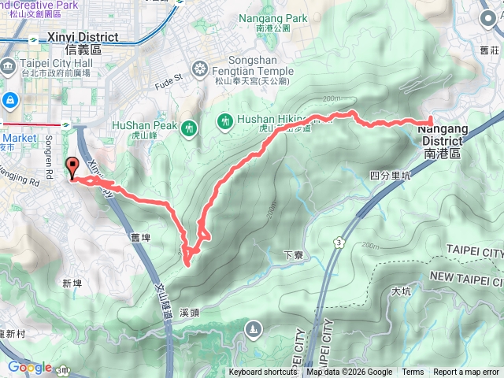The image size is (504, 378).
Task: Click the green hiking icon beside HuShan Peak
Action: coord(188,128)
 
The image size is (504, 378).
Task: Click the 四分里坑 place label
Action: coord(391,176)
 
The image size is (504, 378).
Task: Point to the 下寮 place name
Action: coord(293,255)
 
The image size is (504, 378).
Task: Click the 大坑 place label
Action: coord(401,291)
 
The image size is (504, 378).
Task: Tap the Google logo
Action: coord(29,367)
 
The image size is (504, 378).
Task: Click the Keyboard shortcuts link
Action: coord(263,372)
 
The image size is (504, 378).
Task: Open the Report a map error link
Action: coord(466,372)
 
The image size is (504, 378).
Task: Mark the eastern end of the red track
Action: coord(431,120)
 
